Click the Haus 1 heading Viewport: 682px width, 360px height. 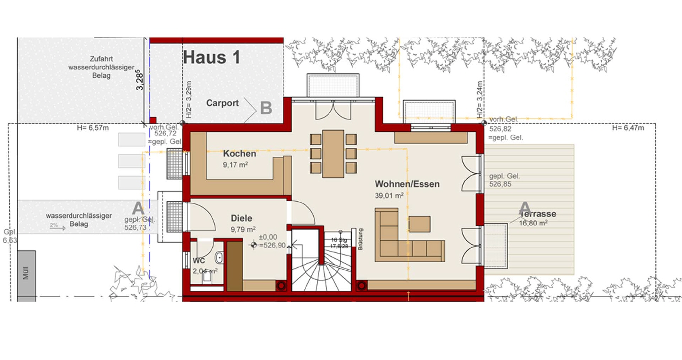coord(212,57)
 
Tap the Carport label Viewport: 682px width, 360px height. coord(222,103)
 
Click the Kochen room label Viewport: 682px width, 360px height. coord(239,153)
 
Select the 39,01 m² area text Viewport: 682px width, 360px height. coord(389,196)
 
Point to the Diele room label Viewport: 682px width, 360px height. coord(242,218)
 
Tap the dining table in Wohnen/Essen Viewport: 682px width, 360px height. coord(333,153)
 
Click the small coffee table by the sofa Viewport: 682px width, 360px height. coord(420,224)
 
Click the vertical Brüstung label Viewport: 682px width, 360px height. coord(360,239)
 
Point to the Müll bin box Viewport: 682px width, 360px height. coord(26,273)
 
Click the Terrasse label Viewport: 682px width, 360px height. coord(538,214)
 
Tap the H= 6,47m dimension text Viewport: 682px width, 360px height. coord(628,128)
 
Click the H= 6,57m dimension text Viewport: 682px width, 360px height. coord(93,128)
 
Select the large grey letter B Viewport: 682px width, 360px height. coord(266,108)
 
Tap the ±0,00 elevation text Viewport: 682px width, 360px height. coord(268,237)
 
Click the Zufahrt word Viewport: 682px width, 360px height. coord(101,59)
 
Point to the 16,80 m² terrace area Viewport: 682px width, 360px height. coord(533,223)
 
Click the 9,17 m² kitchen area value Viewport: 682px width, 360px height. coord(235,165)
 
